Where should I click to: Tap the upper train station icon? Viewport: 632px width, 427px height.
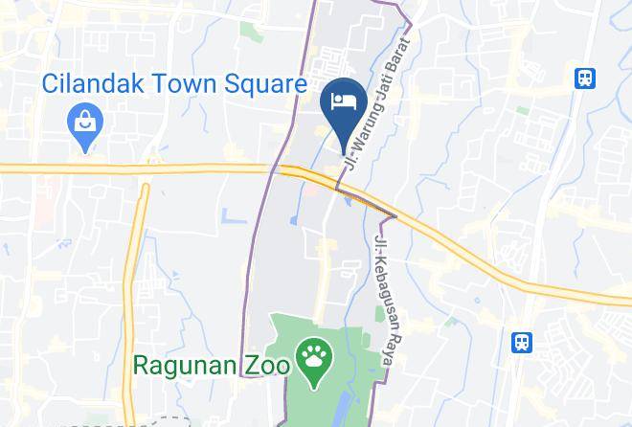click(x=584, y=79)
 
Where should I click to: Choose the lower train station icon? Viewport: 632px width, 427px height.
click(x=522, y=342)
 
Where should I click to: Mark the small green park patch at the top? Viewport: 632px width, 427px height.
click(x=252, y=31)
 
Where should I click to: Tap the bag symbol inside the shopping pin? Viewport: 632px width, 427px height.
click(x=85, y=121)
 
